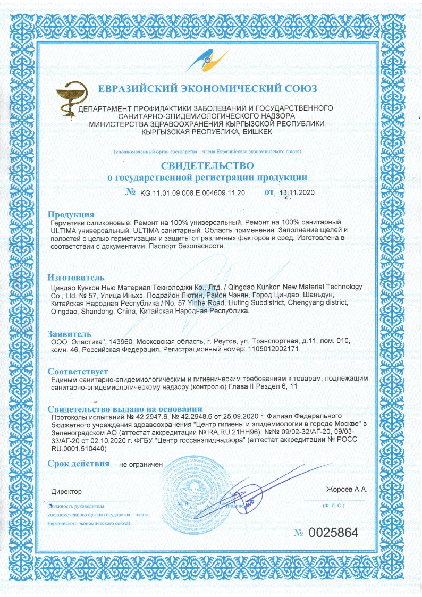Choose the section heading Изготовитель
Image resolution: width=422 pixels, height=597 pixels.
click(x=76, y=277)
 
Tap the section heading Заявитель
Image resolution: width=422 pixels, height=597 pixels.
click(x=70, y=333)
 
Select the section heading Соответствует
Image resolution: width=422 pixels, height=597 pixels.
click(x=78, y=371)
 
